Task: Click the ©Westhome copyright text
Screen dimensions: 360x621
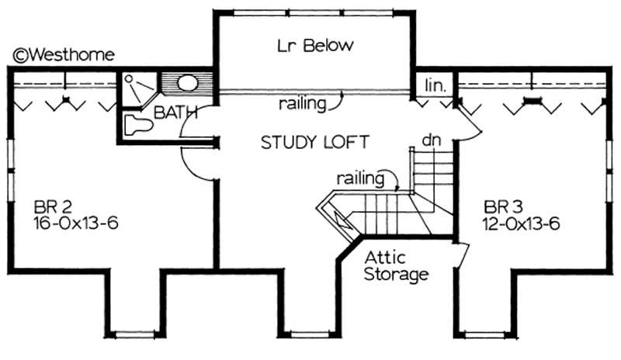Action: click(64, 54)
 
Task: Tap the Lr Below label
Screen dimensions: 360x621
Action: click(315, 46)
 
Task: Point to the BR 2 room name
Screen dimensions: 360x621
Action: click(54, 207)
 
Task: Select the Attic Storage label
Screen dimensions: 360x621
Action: click(396, 266)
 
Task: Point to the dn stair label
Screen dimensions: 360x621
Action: click(431, 140)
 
